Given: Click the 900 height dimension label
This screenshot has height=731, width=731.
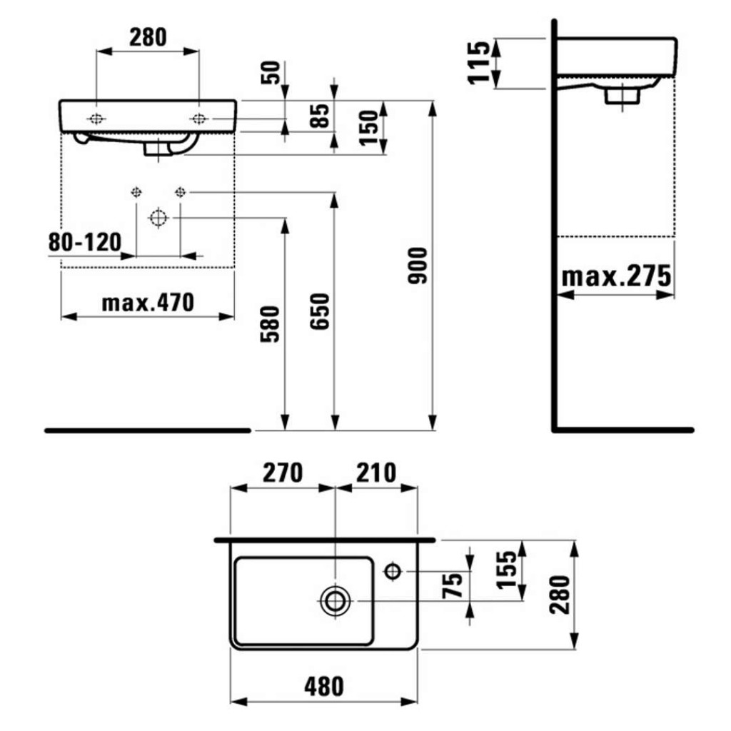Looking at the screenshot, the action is (417, 266).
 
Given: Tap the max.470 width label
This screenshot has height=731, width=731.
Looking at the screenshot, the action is (148, 303).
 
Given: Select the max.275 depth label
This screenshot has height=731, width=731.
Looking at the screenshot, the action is (616, 276).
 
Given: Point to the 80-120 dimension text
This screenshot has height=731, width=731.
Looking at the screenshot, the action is (85, 242).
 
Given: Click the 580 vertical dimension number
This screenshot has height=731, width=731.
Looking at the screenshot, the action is (270, 325).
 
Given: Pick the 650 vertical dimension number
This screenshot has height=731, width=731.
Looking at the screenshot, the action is (320, 311).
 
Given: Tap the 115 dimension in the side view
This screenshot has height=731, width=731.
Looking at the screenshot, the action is (479, 63).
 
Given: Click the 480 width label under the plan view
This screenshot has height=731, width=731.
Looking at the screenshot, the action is (323, 687).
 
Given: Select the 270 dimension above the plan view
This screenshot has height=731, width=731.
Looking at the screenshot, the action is (283, 473).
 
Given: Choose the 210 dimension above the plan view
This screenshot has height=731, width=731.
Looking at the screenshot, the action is (376, 473).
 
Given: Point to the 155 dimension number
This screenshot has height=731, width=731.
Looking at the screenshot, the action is (507, 570).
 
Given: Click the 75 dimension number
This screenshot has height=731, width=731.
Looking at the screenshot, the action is (452, 585).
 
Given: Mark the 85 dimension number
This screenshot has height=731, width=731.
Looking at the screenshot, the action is (320, 116).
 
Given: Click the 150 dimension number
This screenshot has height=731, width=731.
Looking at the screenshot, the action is (368, 128).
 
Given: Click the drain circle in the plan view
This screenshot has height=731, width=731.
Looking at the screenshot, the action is (336, 601).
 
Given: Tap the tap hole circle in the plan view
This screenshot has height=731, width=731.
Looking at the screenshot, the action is (393, 570).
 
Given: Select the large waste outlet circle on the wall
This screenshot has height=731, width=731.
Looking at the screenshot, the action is (158, 218).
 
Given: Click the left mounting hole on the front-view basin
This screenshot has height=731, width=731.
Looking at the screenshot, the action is (96, 119).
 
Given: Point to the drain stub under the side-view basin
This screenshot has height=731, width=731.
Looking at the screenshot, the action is (622, 96).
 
